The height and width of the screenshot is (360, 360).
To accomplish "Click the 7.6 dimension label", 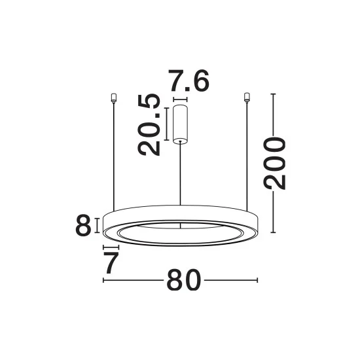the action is pos(189,81).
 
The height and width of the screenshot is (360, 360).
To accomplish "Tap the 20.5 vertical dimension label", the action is pos(149,124).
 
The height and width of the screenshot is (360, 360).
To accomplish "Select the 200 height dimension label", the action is pos(274,163).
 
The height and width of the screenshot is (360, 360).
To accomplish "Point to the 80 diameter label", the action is pos(183,280).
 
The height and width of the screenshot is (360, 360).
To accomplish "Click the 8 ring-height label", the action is pos(83,225).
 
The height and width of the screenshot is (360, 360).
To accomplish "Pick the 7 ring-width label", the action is pos(111,262).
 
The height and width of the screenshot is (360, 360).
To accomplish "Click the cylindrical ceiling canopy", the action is pos(180,124).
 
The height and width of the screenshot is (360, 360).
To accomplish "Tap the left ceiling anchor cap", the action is pos(113,98).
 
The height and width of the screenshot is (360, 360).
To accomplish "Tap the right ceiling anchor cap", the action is pos(247,97).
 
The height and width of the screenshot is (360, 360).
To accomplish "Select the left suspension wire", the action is pos(114,157).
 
